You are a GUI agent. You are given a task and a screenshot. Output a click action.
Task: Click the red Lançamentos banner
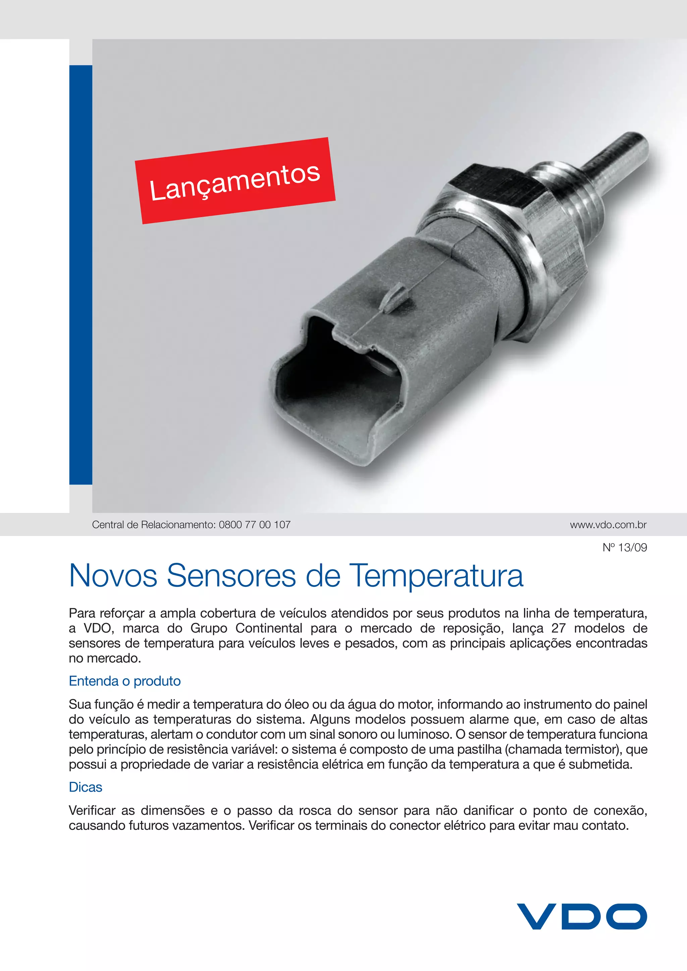(x=235, y=181)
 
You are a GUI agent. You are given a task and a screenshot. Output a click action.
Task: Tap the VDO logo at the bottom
(x=582, y=916)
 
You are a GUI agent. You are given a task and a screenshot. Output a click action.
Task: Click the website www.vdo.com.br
(x=608, y=525)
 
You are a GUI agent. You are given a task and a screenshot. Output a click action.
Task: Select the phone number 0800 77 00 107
(x=255, y=525)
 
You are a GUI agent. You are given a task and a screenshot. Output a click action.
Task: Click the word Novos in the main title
(x=113, y=576)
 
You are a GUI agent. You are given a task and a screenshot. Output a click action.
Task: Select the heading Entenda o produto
(x=125, y=681)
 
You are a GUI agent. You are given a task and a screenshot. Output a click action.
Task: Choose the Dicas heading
(x=86, y=787)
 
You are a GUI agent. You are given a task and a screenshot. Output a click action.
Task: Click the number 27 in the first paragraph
(x=559, y=628)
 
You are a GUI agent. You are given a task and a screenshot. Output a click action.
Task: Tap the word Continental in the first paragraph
(x=269, y=628)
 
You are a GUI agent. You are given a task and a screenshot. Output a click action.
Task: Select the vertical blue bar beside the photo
(x=81, y=275)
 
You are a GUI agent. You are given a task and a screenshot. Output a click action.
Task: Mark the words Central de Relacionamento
(x=154, y=525)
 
